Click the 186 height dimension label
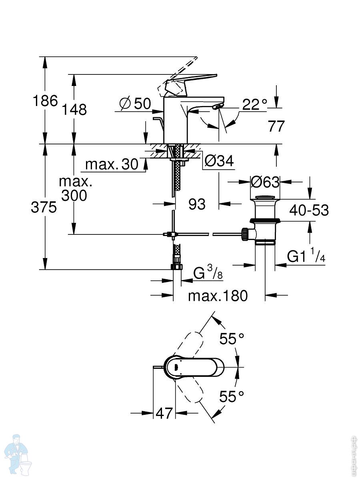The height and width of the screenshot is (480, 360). pyautogui.click(x=45, y=101)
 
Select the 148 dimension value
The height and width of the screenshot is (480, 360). pyautogui.click(x=74, y=109)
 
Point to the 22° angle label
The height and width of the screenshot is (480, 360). pyautogui.click(x=255, y=104)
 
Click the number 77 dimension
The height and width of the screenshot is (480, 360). pyautogui.click(x=276, y=126)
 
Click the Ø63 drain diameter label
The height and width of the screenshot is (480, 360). pyautogui.click(x=265, y=182)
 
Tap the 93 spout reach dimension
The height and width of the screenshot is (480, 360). pyautogui.click(x=197, y=204)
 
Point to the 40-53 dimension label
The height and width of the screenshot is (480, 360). pyautogui.click(x=309, y=210)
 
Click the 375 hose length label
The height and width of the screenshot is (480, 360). pyautogui.click(x=44, y=207)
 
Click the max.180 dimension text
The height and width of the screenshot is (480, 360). pyautogui.click(x=218, y=296)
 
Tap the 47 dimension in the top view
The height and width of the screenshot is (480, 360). pyautogui.click(x=164, y=413)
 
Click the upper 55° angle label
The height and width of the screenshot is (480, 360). pyautogui.click(x=232, y=339)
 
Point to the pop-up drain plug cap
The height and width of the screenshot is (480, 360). pyautogui.click(x=265, y=198)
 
